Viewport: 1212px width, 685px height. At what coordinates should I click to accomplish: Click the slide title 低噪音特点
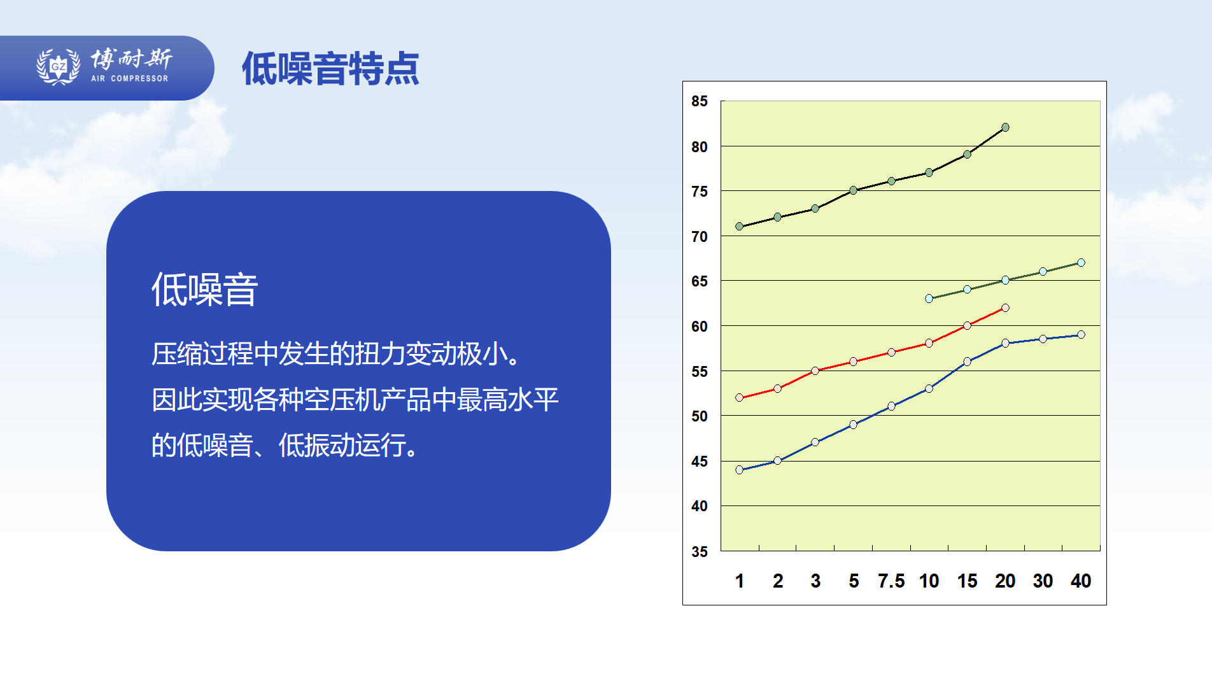tap(330, 68)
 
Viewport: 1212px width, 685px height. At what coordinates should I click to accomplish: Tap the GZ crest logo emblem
tap(58, 66)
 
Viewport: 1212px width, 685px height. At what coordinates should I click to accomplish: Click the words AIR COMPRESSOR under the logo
tap(130, 78)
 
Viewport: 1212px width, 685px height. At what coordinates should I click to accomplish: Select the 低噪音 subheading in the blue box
tap(204, 290)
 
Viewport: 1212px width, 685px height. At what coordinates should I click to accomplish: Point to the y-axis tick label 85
tap(700, 101)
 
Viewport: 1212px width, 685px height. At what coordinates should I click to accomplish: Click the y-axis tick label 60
tap(700, 327)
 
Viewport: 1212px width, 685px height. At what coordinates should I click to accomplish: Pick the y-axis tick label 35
tap(700, 552)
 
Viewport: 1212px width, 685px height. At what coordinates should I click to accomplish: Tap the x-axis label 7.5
tap(891, 581)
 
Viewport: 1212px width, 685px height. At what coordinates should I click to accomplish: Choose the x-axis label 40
tap(1081, 581)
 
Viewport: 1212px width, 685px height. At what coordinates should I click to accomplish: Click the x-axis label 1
tap(740, 581)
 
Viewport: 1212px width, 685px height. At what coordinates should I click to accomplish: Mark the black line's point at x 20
tap(1005, 127)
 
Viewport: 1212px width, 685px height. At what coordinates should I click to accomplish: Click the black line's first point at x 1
tap(739, 227)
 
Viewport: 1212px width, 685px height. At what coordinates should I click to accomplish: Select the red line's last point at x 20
tap(1005, 308)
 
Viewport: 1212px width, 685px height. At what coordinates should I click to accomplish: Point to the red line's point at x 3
tap(815, 371)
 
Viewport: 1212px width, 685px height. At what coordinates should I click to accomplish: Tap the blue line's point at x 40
tap(1081, 335)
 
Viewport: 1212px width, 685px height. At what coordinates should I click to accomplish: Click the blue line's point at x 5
tap(853, 425)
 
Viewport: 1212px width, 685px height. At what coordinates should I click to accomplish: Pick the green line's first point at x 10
tap(929, 299)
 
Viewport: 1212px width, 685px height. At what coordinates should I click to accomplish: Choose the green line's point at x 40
tap(1081, 263)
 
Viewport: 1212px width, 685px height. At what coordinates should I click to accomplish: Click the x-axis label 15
tap(967, 581)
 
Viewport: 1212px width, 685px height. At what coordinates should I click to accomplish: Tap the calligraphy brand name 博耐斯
tap(131, 59)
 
